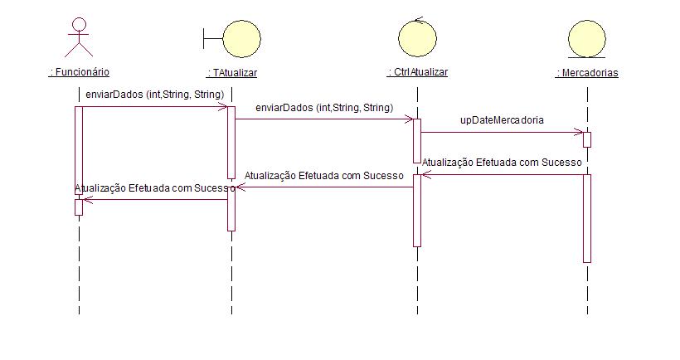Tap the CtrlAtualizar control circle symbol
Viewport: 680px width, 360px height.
pyautogui.click(x=417, y=37)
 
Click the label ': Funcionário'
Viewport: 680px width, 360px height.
pyautogui.click(x=79, y=72)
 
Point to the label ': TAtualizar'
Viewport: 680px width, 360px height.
pyautogui.click(x=231, y=73)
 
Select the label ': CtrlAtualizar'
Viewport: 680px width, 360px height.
pyautogui.click(x=417, y=72)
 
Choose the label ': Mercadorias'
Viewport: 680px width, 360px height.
pyautogui.click(x=587, y=73)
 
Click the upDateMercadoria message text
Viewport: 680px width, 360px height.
pyautogui.click(x=502, y=120)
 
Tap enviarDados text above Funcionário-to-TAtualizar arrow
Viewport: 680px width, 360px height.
pyautogui.click(x=154, y=95)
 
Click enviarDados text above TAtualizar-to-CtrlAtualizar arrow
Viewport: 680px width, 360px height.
pyautogui.click(x=323, y=107)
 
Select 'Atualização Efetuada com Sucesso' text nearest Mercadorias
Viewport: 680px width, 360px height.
pyautogui.click(x=502, y=163)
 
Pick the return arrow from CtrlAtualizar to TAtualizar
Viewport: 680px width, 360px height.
pyautogui.click(x=323, y=187)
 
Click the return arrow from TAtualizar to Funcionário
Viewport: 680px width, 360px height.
pyautogui.click(x=154, y=199)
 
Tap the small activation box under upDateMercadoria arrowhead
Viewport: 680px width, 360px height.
pyautogui.click(x=586, y=139)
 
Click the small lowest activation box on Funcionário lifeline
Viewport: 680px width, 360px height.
pyautogui.click(x=79, y=207)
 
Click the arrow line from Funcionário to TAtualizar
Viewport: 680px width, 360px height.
pyautogui.click(x=154, y=107)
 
